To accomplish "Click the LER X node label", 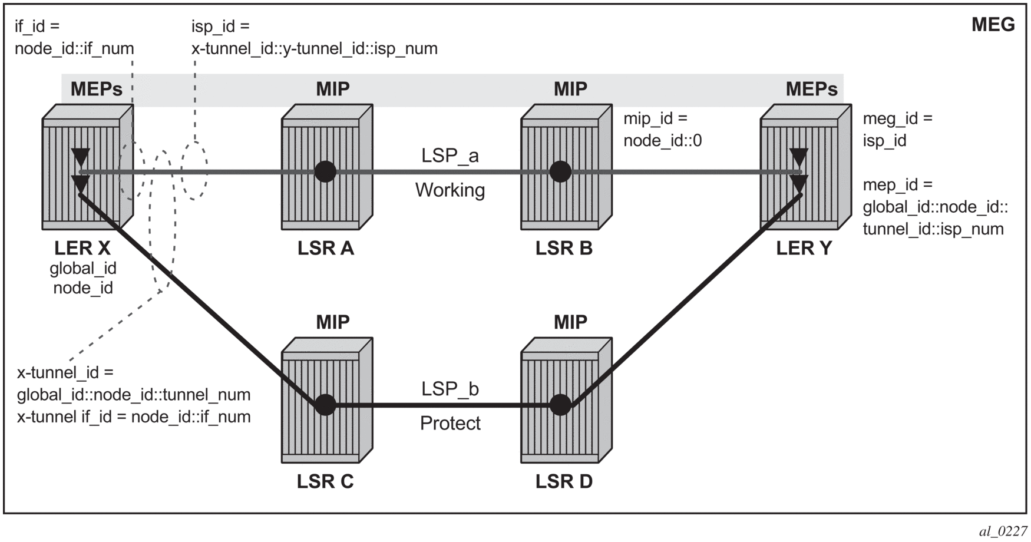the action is click(82, 248).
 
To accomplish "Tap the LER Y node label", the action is click(804, 248).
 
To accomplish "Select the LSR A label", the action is click(326, 248).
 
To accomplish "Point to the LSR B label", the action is click(564, 248).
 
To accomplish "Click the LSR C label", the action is click(325, 481).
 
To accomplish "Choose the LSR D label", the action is click(564, 481).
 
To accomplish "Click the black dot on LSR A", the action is click(325, 172).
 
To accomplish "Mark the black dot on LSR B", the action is click(560, 172).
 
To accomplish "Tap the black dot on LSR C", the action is click(325, 405).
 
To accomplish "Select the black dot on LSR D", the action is click(560, 405).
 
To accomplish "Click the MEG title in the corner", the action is click(993, 25).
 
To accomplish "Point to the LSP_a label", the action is click(450, 156).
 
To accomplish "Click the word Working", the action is click(450, 190).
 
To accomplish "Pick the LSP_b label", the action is click(450, 389).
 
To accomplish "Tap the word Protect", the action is click(450, 423).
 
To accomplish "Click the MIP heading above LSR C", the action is click(333, 322).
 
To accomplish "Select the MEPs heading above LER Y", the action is click(812, 89).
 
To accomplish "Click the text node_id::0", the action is click(663, 141).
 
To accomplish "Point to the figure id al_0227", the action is click(1004, 531).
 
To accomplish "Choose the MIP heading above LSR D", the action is click(570, 322).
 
